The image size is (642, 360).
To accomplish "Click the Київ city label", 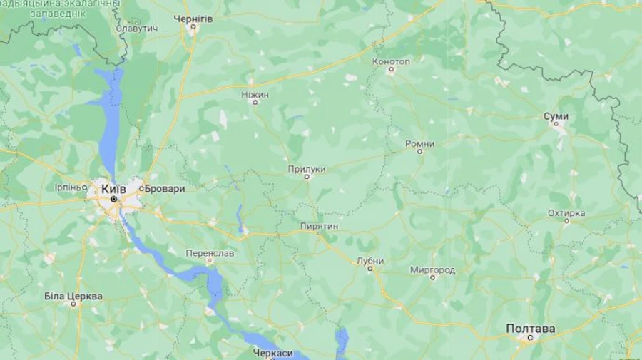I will (x=113, y=190).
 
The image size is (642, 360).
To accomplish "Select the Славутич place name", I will (x=137, y=28).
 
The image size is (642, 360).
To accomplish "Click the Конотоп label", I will (x=391, y=61).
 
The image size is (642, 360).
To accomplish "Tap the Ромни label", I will (x=419, y=143).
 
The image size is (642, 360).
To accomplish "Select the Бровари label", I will (x=165, y=189).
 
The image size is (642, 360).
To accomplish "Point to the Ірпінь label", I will (x=71, y=187).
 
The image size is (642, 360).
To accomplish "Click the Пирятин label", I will (x=319, y=226).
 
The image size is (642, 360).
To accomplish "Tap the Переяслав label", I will (x=210, y=253).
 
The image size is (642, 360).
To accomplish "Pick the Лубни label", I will (x=370, y=260).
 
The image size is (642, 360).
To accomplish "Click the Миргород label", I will (x=432, y=269).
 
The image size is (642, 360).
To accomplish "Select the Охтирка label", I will (x=566, y=212).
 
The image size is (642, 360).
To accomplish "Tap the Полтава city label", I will (x=530, y=329).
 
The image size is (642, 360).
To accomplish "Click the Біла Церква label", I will (x=73, y=296).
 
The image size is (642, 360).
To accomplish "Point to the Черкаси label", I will (x=273, y=352).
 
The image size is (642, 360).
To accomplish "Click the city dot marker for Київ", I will (x=113, y=200).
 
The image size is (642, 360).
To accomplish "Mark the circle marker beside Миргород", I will (x=432, y=278).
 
